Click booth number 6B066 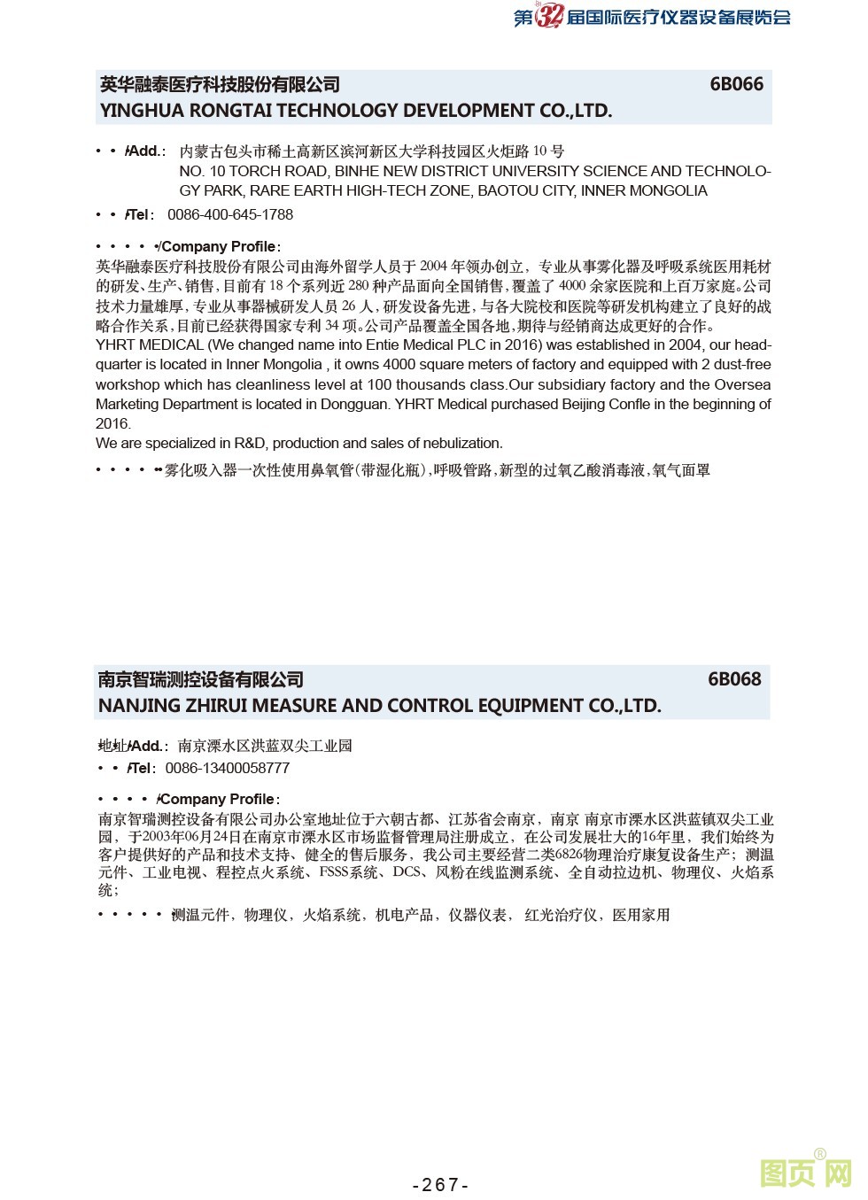tap(735, 84)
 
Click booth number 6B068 tap(733, 679)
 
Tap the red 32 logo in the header tap(549, 16)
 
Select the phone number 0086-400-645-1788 tap(229, 214)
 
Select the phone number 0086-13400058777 tap(227, 768)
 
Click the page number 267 tap(440, 1185)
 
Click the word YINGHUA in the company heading tap(140, 111)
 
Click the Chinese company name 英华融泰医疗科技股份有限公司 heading tap(220, 84)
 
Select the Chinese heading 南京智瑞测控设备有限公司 tap(201, 679)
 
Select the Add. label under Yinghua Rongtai tap(145, 151)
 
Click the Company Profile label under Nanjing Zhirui tap(219, 799)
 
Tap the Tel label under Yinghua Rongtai tap(141, 214)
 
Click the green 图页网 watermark tap(805, 1173)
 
